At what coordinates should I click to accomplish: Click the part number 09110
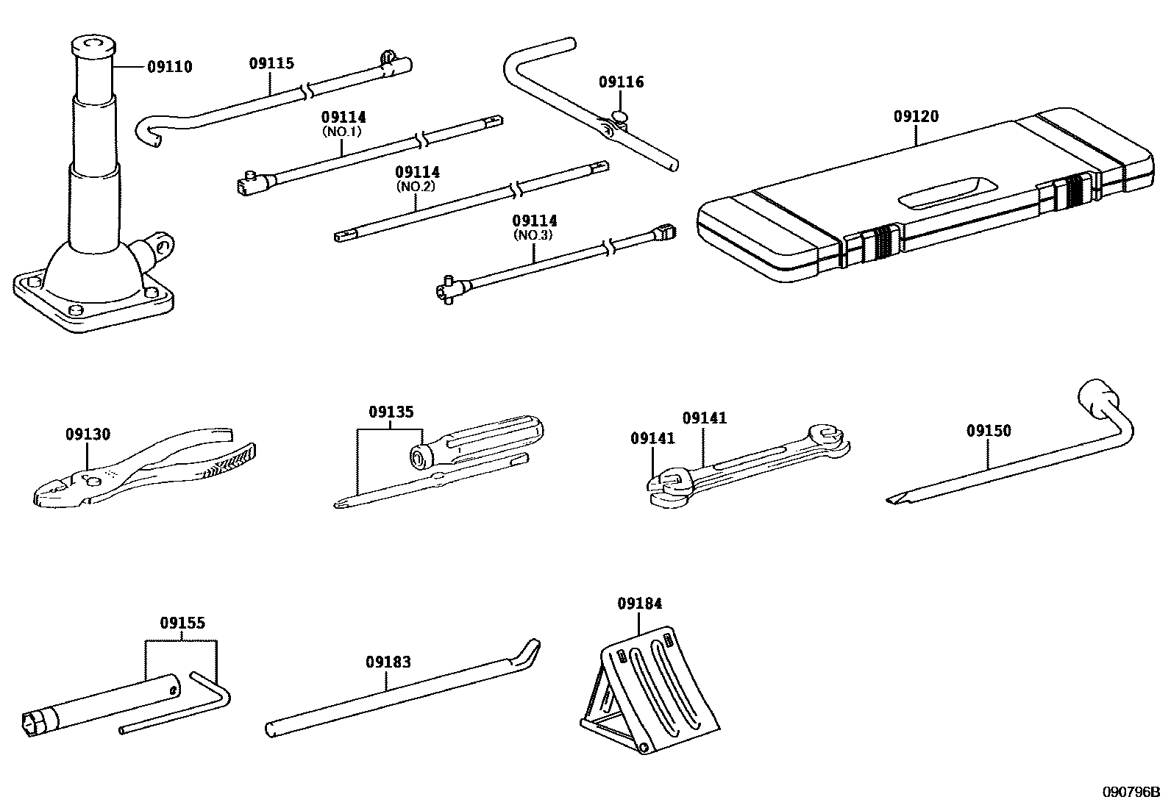point(169,67)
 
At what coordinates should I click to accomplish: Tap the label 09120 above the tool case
point(916,116)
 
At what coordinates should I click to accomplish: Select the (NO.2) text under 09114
point(417,186)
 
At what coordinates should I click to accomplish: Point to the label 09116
point(621,82)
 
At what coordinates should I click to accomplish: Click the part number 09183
point(388,662)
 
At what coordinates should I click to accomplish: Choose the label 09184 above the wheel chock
point(639,603)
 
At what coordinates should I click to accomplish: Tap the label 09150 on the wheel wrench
point(989,430)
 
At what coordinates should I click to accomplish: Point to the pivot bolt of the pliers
point(93,482)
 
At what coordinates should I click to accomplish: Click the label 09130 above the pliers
point(88,434)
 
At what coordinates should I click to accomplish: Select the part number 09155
point(182,623)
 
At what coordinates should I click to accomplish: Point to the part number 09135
point(391,412)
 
